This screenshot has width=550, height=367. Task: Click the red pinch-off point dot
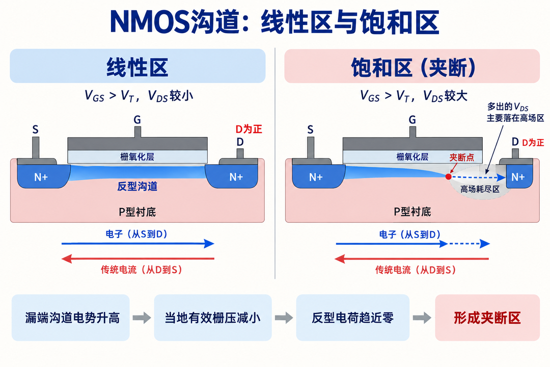448,176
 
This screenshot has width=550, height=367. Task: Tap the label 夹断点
461,158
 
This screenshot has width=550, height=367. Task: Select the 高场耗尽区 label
480,189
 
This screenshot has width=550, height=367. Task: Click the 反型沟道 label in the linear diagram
137,186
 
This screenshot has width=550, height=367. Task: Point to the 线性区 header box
137,66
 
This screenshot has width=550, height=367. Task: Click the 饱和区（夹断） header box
412,66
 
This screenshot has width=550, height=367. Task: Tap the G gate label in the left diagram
137,120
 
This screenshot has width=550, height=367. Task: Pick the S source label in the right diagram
310,129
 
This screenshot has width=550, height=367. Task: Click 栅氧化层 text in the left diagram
137,156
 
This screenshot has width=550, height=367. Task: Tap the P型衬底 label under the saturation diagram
412,212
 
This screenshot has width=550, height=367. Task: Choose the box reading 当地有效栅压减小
212,318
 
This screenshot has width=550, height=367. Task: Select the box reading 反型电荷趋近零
352,318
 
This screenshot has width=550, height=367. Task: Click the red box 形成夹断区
487,318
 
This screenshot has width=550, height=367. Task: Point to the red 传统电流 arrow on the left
137,259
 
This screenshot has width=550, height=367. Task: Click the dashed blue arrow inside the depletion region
479,178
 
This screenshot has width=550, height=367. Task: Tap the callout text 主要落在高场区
515,118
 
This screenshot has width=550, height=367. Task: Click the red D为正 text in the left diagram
249,129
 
